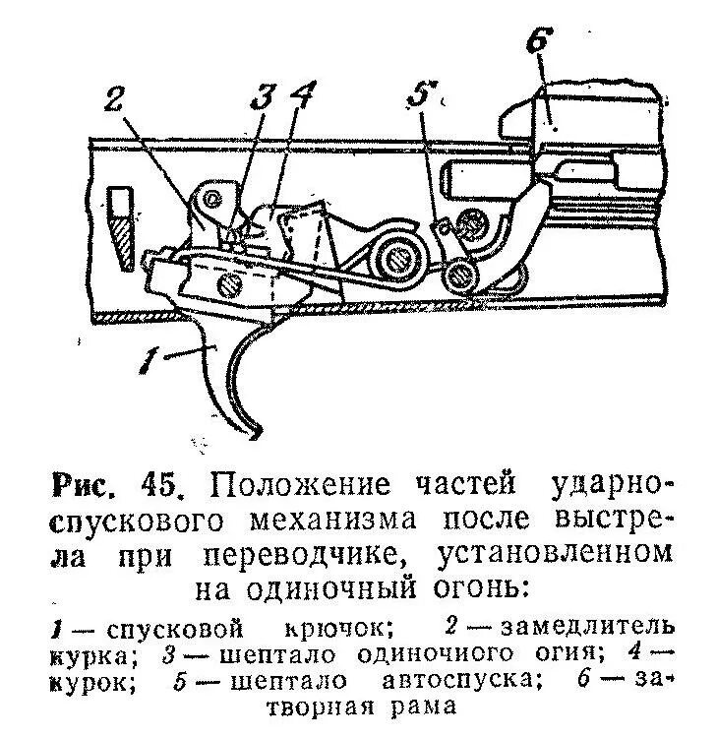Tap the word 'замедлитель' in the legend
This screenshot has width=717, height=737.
585,626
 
